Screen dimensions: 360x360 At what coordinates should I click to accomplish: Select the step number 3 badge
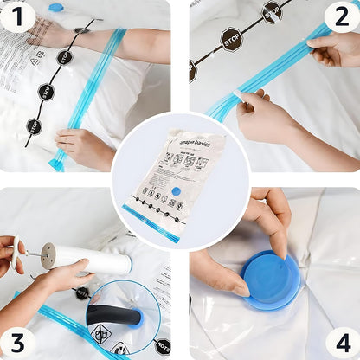pos(19,341)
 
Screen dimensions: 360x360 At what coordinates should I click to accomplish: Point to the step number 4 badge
pos(341,341)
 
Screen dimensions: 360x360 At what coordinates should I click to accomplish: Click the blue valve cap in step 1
pos(56,8)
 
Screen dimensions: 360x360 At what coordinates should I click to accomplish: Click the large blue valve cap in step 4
pos(271,280)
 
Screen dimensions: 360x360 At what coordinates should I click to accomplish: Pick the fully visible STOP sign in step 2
pos(231,40)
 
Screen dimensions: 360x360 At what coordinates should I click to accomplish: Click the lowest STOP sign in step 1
pos(34,126)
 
